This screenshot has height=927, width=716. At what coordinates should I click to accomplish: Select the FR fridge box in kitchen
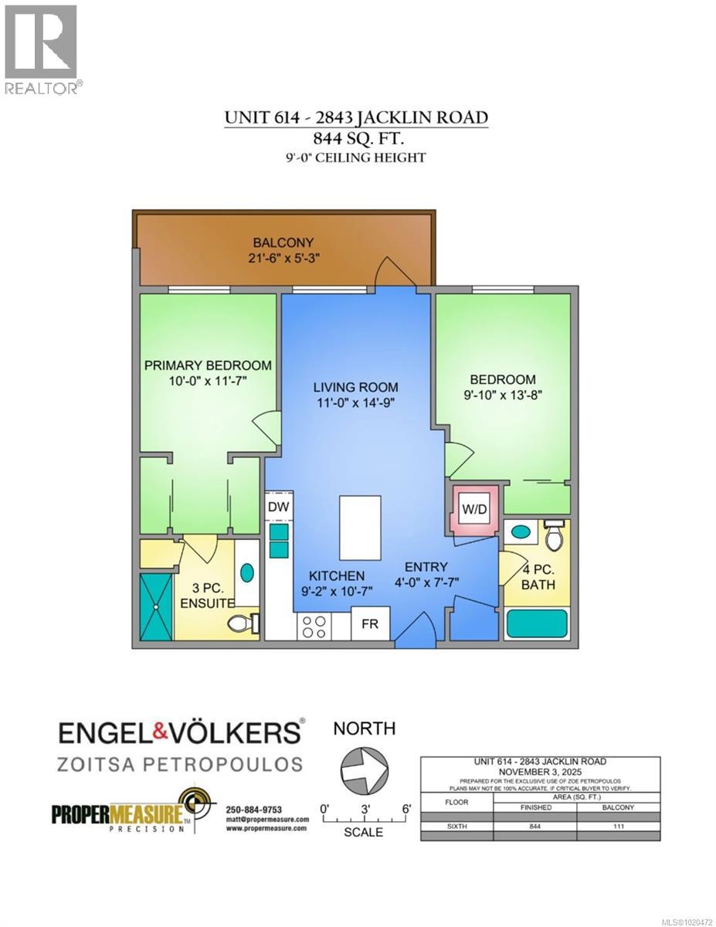click(x=370, y=623)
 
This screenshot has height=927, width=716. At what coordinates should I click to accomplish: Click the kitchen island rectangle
click(x=360, y=528)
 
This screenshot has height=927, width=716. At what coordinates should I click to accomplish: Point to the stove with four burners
click(x=314, y=625)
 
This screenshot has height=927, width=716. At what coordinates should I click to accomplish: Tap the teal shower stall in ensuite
click(x=157, y=606)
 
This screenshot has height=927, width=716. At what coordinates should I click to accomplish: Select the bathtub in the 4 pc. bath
click(x=536, y=623)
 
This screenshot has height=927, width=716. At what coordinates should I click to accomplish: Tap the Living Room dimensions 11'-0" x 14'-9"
click(x=355, y=401)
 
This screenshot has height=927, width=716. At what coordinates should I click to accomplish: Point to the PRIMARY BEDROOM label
click(x=208, y=365)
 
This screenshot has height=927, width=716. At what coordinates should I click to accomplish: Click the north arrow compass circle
click(x=363, y=769)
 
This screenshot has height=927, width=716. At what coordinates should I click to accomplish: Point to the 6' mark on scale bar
click(x=406, y=808)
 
